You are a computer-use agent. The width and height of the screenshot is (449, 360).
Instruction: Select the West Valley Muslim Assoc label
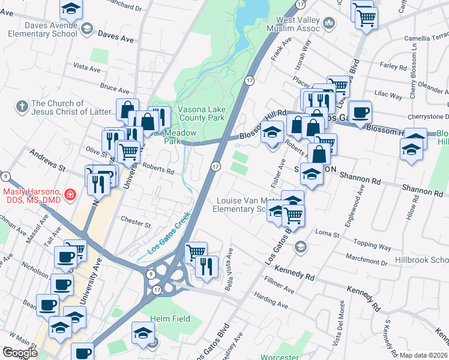[288, 24]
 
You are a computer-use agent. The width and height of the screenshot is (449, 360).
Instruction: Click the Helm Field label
[170, 319]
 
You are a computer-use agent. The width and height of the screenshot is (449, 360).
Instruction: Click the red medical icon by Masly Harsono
[70, 194]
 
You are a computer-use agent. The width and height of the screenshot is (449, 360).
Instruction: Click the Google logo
[20, 353]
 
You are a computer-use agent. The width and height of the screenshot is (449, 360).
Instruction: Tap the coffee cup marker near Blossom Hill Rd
[360, 112]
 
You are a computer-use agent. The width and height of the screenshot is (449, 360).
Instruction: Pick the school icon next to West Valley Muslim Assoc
[328, 24]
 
